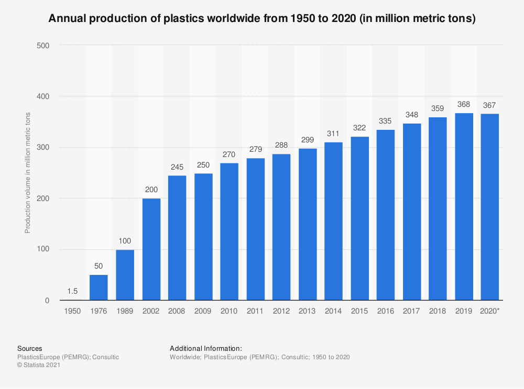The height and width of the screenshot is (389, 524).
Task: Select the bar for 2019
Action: (x=464, y=207)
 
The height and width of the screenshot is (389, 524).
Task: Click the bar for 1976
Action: (x=99, y=287)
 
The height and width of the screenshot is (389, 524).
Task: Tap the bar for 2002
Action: (x=151, y=249)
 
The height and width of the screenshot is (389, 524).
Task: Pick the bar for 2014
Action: (x=333, y=221)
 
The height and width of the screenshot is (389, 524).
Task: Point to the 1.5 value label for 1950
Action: (x=73, y=291)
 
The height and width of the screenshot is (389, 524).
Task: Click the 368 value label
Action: (x=464, y=104)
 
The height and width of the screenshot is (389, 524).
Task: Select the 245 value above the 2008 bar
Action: (x=177, y=167)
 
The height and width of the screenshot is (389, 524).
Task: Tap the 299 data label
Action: (x=307, y=140)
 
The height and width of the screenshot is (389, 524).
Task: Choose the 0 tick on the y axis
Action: (x=47, y=301)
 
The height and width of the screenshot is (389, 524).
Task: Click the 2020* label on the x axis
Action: (x=490, y=311)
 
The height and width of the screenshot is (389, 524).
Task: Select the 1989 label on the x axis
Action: (x=125, y=311)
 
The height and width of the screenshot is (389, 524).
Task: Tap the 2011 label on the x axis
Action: (x=255, y=311)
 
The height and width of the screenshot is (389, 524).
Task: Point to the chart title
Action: (x=262, y=19)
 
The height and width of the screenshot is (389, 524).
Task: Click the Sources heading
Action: (x=30, y=348)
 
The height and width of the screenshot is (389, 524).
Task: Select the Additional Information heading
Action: (x=206, y=348)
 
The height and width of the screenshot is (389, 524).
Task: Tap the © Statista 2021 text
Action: (x=39, y=365)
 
